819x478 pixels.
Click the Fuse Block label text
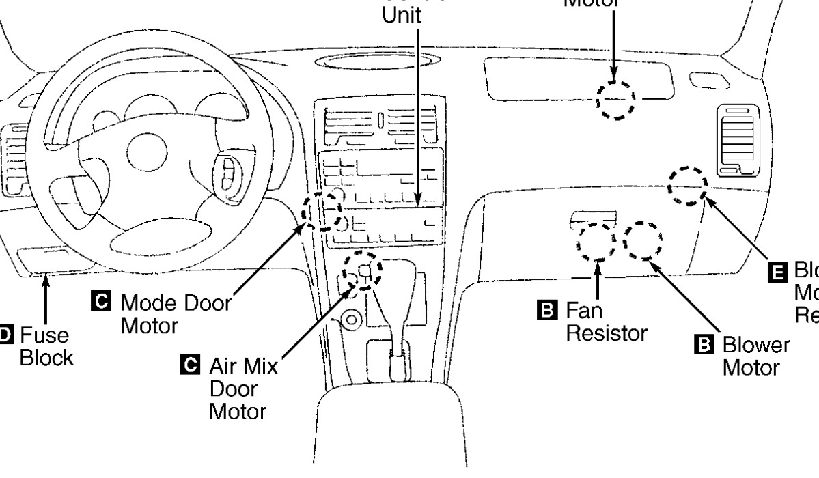(x=45, y=346)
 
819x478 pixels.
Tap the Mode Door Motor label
(x=175, y=313)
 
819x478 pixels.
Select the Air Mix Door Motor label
(x=243, y=389)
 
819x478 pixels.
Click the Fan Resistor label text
(x=605, y=322)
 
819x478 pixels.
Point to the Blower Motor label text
(x=755, y=356)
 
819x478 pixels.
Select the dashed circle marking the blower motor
(x=642, y=240)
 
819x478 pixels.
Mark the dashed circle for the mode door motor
(x=322, y=210)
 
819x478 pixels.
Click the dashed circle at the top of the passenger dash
(x=615, y=100)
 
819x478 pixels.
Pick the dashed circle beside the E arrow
(x=686, y=185)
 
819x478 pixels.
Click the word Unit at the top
(x=402, y=15)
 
